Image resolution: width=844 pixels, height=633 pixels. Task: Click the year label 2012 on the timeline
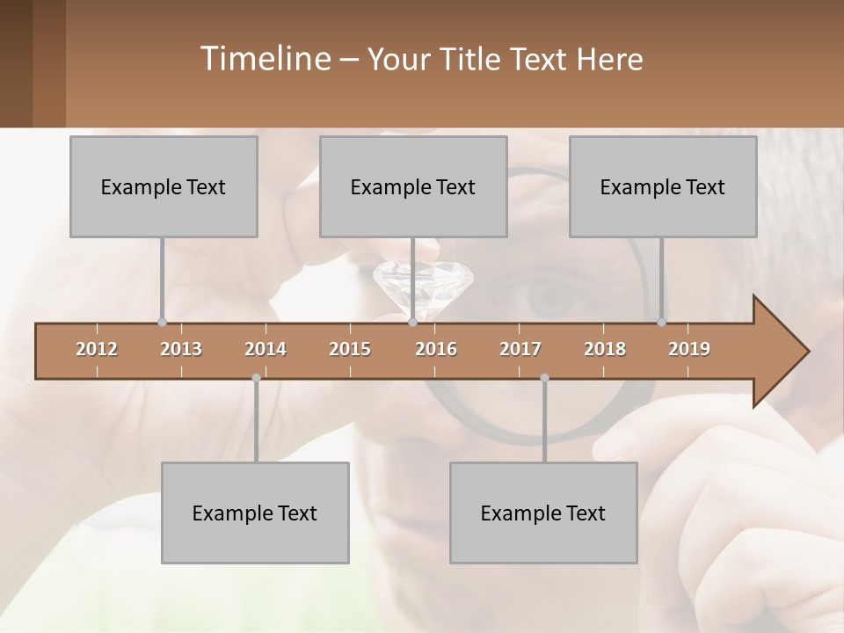tap(97, 349)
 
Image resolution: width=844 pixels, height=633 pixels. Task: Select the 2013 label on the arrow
tap(181, 349)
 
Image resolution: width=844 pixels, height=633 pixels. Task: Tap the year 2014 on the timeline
tap(266, 349)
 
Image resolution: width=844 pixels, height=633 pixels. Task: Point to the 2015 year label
tap(350, 349)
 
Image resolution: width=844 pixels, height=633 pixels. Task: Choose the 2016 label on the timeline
tap(436, 349)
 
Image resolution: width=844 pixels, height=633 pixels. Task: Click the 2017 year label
tap(520, 349)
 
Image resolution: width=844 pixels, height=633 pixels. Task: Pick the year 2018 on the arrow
tap(605, 349)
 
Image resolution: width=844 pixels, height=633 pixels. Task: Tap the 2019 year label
tap(689, 349)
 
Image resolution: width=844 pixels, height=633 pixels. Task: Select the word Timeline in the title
tap(263, 59)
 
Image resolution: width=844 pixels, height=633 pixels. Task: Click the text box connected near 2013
tap(164, 186)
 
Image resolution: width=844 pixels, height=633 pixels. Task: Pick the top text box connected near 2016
tap(413, 186)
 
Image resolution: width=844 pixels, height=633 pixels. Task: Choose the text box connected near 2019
tap(663, 186)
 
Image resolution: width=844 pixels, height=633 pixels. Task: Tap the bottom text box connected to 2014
tap(255, 513)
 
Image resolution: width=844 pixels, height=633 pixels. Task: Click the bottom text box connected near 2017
tap(543, 513)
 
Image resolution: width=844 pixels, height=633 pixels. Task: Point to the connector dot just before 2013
tap(162, 322)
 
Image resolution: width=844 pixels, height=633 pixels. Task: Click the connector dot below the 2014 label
tap(256, 378)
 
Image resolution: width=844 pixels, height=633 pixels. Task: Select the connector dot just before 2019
tap(661, 322)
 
